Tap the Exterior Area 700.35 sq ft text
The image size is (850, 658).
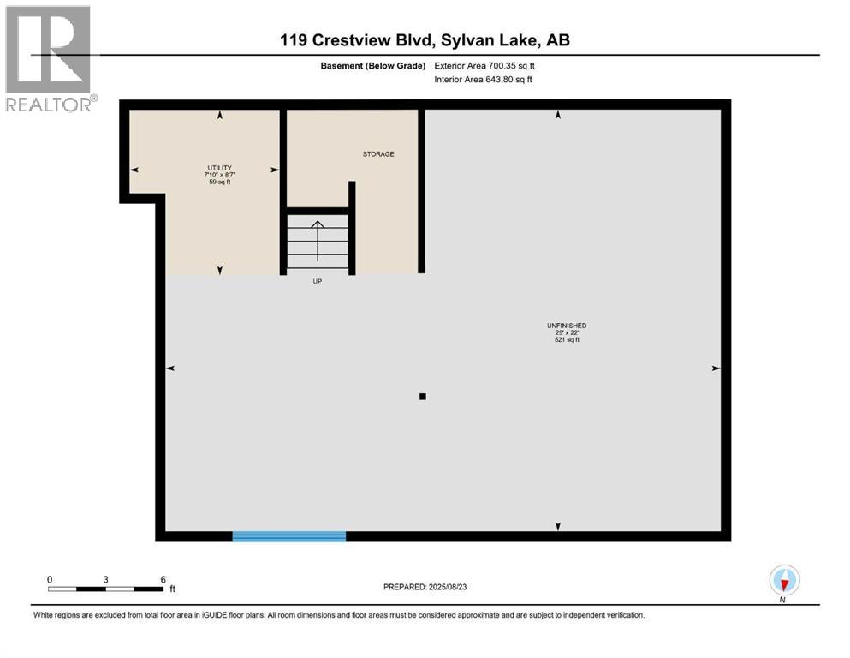[x=489, y=65]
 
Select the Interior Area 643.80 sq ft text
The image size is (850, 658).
[x=484, y=80]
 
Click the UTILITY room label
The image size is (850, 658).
[x=219, y=168]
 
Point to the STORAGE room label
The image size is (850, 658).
[x=378, y=154]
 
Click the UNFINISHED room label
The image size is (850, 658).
[x=567, y=326]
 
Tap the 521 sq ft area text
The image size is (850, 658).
[x=567, y=340]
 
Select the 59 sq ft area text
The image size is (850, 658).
[x=220, y=182]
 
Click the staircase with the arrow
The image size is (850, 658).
[x=318, y=241]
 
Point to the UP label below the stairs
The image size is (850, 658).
[x=317, y=282]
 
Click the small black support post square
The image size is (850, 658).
[x=422, y=397]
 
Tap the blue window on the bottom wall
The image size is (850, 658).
[x=289, y=536]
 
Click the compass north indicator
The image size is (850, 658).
[x=784, y=581]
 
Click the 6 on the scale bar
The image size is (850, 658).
[x=163, y=579]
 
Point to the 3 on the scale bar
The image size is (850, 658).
[x=105, y=579]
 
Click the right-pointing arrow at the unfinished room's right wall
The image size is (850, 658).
[x=716, y=368]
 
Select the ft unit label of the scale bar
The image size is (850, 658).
[x=172, y=589]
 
